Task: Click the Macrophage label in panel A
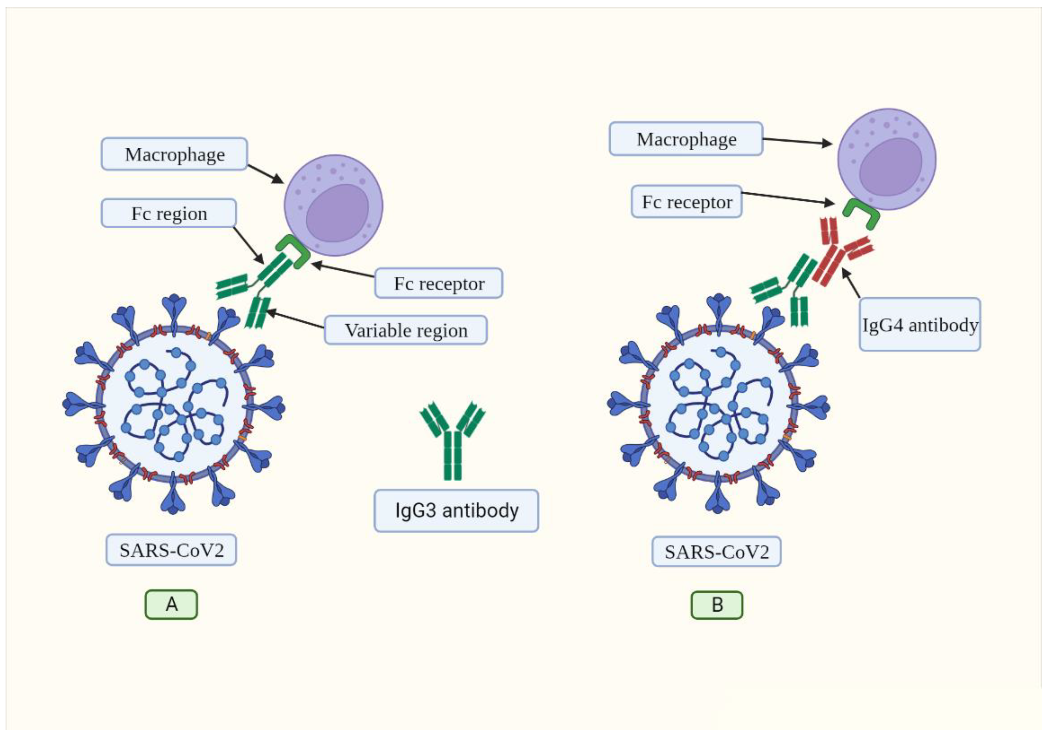[174, 155]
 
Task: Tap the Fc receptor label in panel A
[439, 284]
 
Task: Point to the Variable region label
[406, 330]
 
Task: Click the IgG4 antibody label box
[919, 325]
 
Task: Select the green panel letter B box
[717, 605]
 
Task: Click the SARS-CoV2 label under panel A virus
[171, 550]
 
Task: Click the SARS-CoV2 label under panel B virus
[716, 552]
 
